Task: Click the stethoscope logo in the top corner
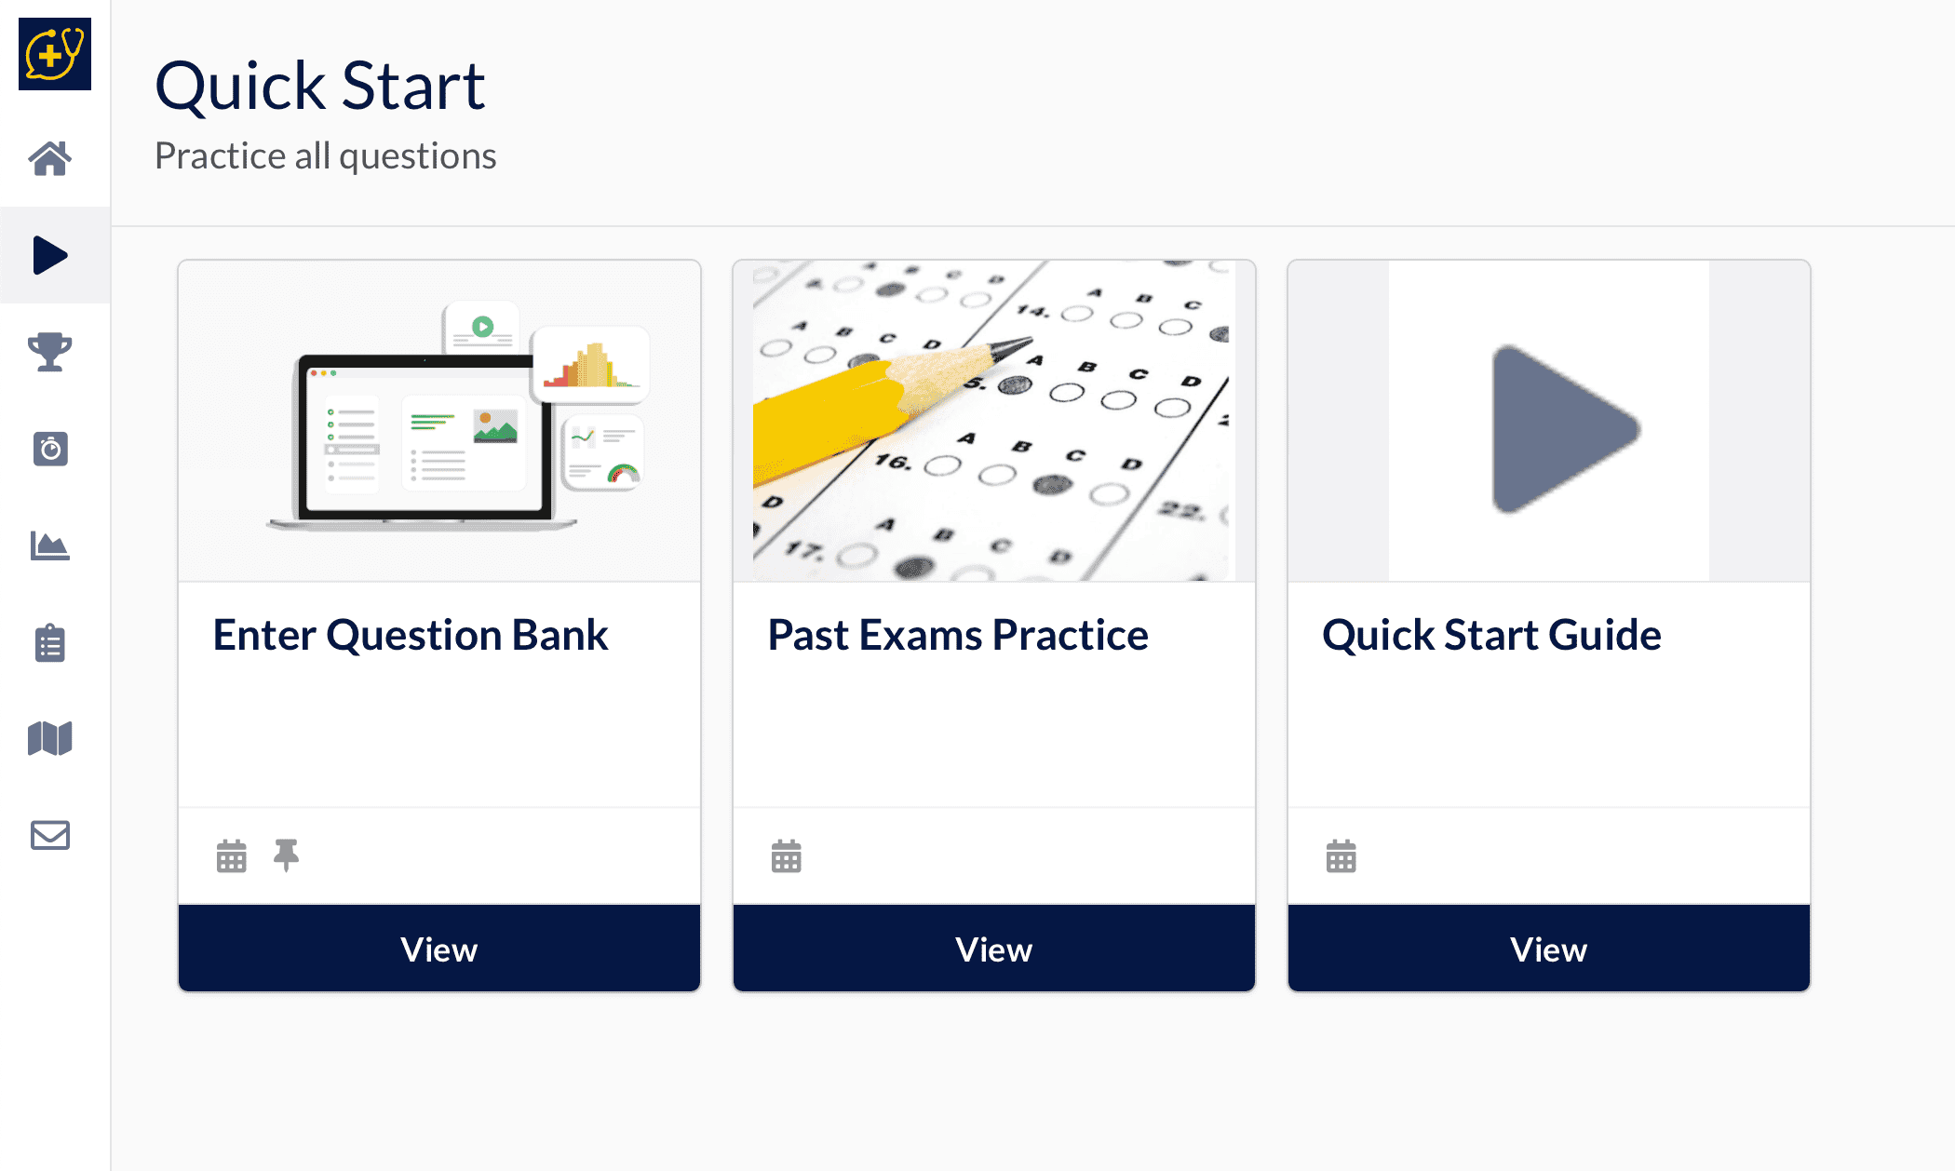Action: pos(55,54)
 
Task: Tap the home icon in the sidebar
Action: pos(50,158)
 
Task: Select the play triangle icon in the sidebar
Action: pos(50,255)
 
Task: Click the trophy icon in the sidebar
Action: pos(50,352)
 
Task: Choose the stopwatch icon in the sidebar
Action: pos(50,449)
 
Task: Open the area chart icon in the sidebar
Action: pos(50,545)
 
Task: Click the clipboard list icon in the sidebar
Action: pos(50,642)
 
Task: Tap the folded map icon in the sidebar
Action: pos(50,739)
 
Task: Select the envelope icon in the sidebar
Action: pos(50,835)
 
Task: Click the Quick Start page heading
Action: pos(320,86)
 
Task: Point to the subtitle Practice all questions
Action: pos(326,155)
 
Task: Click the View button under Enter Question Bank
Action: pos(439,949)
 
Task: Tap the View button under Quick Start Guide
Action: pos(1549,949)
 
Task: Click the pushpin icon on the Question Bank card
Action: pos(287,855)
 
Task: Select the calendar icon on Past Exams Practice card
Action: pos(787,855)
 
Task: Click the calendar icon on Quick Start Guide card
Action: pos(1342,855)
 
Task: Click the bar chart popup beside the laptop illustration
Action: pos(591,364)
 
